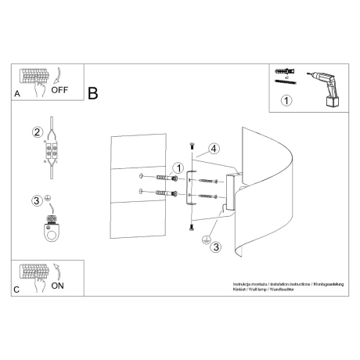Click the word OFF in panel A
tap(60, 89)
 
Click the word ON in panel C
tap(57, 286)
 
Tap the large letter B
tap(93, 94)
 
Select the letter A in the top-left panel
tap(17, 93)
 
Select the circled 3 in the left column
tap(36, 202)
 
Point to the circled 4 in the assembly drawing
tap(213, 148)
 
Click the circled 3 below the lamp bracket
tap(216, 247)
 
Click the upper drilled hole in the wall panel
tap(139, 175)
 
